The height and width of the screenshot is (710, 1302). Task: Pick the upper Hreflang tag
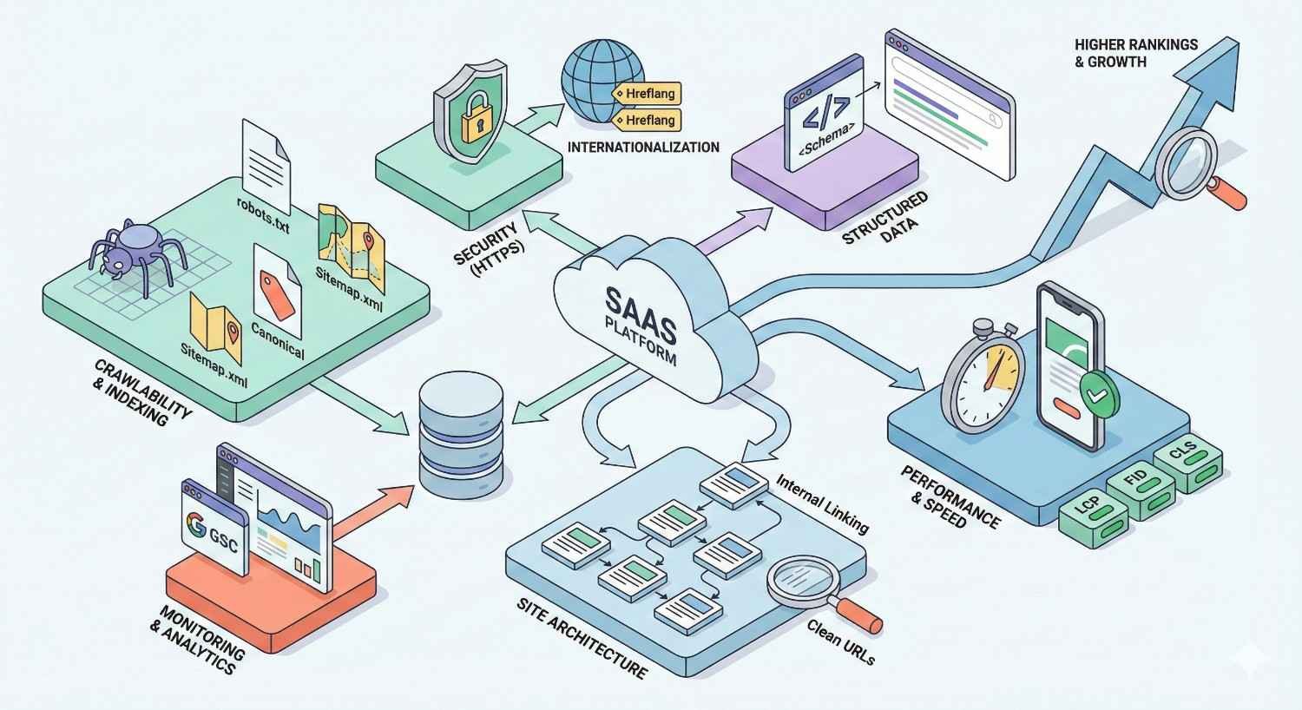click(x=648, y=93)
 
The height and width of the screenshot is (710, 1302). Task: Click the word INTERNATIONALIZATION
click(x=643, y=147)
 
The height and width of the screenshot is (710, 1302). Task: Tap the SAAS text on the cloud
click(x=640, y=309)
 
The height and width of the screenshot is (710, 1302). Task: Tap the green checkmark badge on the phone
click(x=1098, y=394)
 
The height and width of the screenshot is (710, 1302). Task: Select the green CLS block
click(x=1187, y=457)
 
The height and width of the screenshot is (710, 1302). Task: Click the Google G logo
click(x=196, y=525)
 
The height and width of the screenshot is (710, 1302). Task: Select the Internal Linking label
click(x=821, y=503)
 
